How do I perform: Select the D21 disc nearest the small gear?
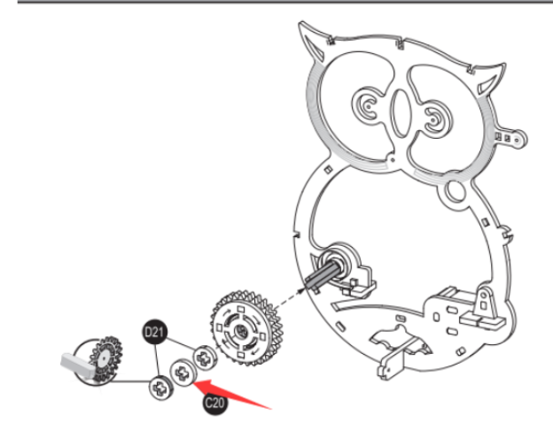tap(161, 387)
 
